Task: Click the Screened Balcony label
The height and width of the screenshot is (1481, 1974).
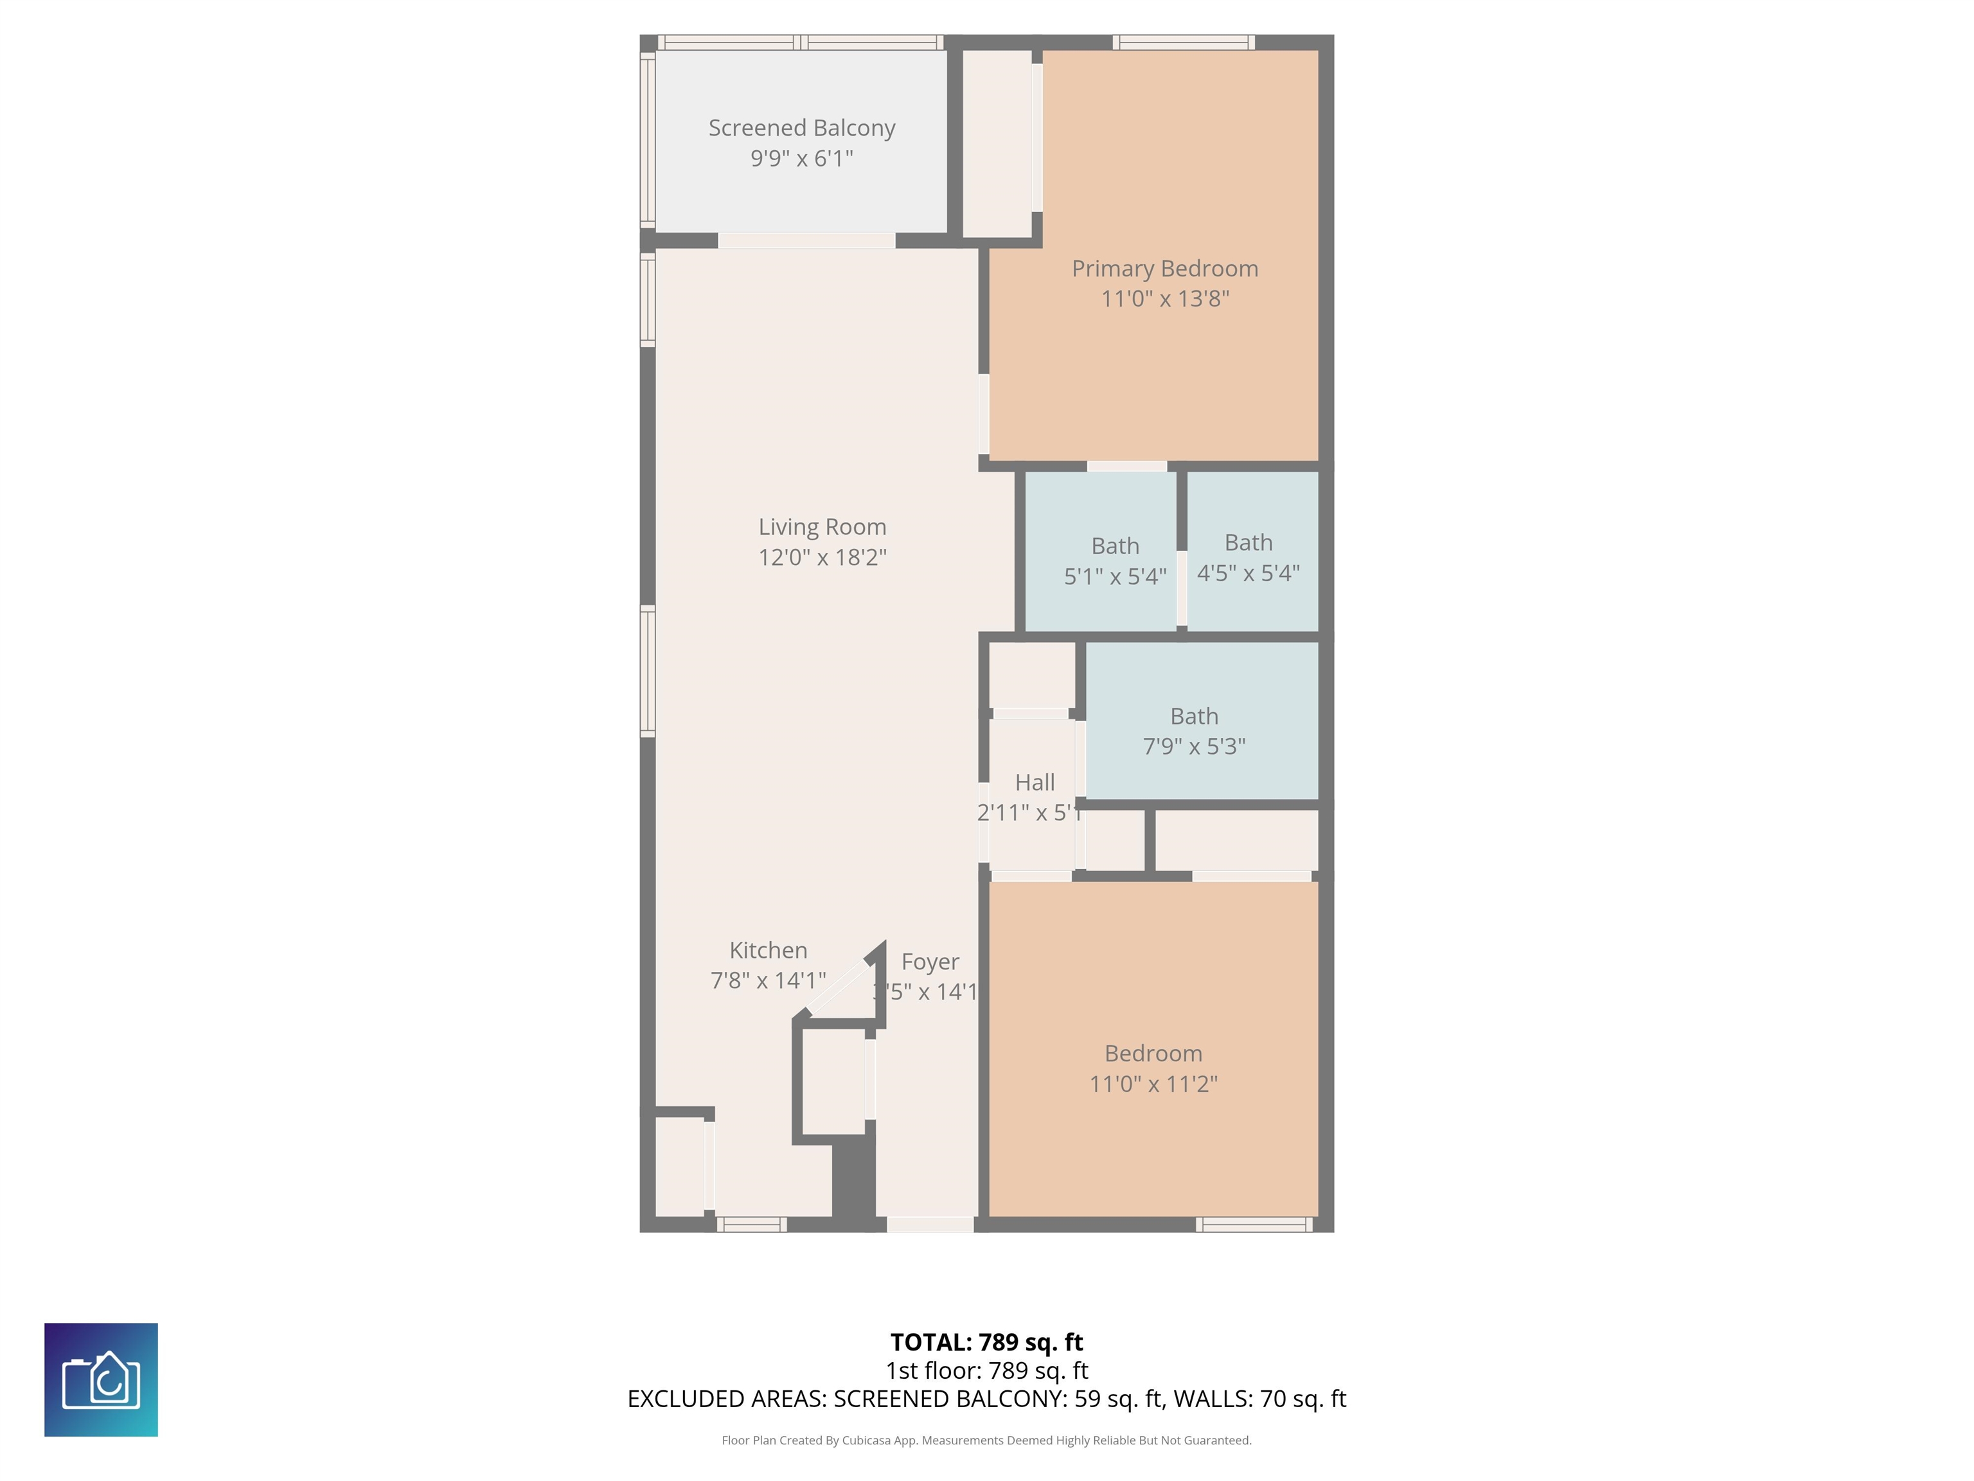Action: pyautogui.click(x=801, y=129)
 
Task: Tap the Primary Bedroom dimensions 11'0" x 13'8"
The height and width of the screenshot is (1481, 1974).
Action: pyautogui.click(x=1164, y=299)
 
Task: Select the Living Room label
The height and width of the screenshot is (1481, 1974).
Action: pyautogui.click(x=822, y=526)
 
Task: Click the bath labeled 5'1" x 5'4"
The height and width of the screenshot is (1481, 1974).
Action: pyautogui.click(x=1115, y=561)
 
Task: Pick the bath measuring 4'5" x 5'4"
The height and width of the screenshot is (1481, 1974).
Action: pyautogui.click(x=1248, y=557)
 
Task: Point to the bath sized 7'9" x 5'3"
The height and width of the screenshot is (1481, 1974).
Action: pyautogui.click(x=1194, y=731)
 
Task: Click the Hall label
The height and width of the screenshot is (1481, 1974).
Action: pyautogui.click(x=1035, y=783)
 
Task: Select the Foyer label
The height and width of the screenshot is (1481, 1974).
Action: pyautogui.click(x=930, y=962)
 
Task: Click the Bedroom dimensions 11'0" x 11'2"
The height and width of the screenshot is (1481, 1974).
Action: pyautogui.click(x=1153, y=1084)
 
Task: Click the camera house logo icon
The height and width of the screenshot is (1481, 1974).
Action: pyautogui.click(x=101, y=1379)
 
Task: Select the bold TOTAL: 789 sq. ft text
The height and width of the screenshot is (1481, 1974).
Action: pyautogui.click(x=986, y=1342)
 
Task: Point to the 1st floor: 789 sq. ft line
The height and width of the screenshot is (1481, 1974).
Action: pyautogui.click(x=986, y=1370)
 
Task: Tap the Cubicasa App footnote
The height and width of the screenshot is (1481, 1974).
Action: pyautogui.click(x=986, y=1440)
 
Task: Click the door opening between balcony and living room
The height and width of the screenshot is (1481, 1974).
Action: pyautogui.click(x=806, y=240)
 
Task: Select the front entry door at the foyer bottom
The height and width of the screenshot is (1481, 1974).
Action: pyautogui.click(x=929, y=1225)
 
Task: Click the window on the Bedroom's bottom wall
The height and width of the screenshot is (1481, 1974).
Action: pyautogui.click(x=1254, y=1225)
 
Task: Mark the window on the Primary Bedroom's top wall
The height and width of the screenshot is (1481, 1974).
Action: pyautogui.click(x=1184, y=42)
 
